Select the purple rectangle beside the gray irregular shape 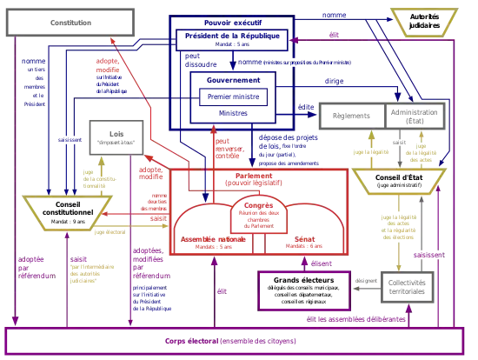coord(304,290)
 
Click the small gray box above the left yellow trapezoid coord(110,132)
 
